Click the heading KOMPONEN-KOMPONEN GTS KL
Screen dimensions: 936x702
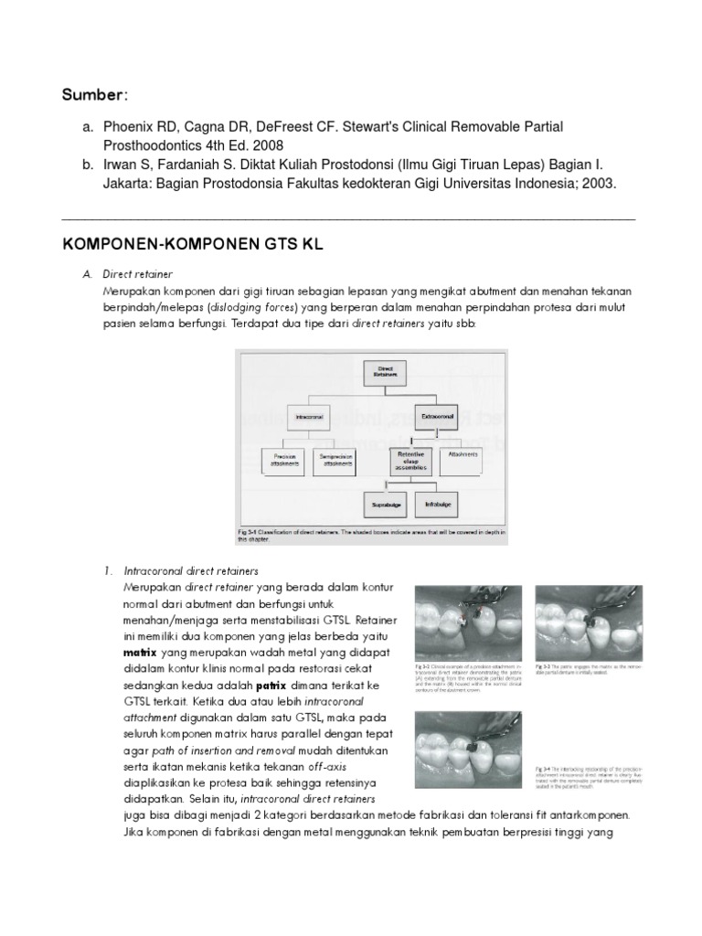coord(192,247)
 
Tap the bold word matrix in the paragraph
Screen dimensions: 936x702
coord(141,654)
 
